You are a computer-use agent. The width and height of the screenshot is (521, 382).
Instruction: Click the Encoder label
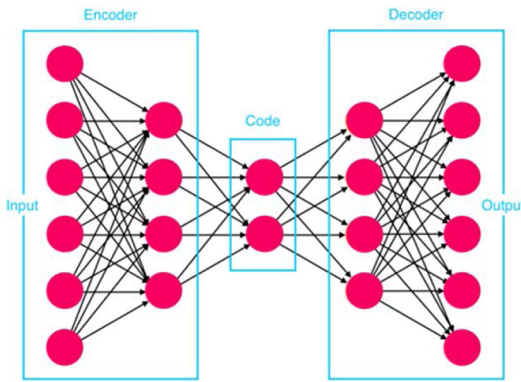coord(110,15)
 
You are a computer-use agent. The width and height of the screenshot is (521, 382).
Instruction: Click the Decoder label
coord(416,15)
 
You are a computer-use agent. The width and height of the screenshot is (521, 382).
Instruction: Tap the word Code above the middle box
coord(263,120)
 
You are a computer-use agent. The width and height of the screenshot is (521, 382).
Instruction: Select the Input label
coord(22,206)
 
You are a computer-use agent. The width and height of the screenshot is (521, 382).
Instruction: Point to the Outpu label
coord(501,206)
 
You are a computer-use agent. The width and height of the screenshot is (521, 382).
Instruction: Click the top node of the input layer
coord(65,64)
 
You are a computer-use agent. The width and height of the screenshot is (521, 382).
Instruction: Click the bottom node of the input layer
coord(65,348)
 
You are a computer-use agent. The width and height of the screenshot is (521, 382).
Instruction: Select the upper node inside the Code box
coord(264,177)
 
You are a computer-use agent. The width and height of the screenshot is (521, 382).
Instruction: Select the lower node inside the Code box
coord(264,234)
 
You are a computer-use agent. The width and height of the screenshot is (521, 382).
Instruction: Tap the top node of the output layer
coord(462,64)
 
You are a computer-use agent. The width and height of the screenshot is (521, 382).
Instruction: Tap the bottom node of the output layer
coord(462,348)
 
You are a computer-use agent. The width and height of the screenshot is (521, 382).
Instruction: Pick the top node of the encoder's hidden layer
coord(164,120)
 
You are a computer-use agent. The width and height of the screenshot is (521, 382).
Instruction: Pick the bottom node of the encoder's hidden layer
coord(164,291)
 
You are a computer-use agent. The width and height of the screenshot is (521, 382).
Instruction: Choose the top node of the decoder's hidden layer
coord(364,120)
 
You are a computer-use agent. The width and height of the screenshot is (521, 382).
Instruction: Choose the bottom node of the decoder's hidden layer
coord(364,291)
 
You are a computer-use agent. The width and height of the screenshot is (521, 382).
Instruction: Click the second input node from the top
coord(65,120)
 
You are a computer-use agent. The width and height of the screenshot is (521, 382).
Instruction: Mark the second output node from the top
coord(462,120)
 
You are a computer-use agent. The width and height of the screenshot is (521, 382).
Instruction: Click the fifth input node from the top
coord(65,291)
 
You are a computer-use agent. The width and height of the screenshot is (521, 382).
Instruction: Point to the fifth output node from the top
coord(462,291)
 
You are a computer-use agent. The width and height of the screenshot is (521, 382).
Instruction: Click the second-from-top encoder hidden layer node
coord(164,177)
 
